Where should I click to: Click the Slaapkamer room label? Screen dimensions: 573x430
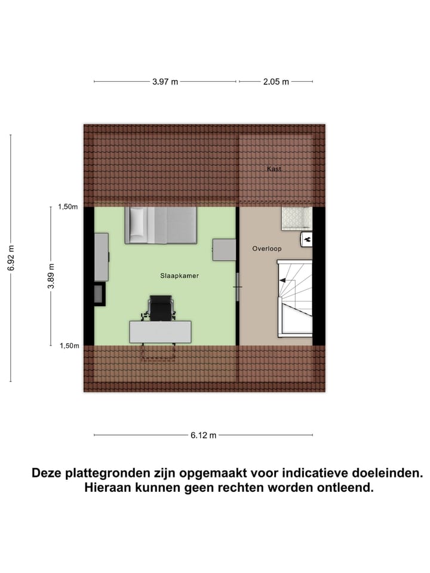[179, 276]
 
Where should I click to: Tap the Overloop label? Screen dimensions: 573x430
[266, 248]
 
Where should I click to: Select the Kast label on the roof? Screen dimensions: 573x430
[274, 169]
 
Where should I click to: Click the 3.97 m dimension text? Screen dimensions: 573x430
[165, 82]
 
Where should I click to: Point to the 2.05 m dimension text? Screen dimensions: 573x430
[277, 82]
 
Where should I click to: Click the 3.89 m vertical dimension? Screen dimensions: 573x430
[51, 276]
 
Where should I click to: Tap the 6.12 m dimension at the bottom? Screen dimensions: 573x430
[204, 435]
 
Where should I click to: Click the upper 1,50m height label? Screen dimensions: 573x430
[67, 207]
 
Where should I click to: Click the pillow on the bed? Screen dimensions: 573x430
[137, 224]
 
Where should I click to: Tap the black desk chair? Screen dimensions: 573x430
[160, 307]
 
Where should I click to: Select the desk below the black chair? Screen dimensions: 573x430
[160, 332]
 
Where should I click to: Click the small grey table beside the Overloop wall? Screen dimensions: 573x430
[225, 249]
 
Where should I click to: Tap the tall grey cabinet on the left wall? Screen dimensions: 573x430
[101, 257]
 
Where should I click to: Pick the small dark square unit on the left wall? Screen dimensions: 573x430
[99, 294]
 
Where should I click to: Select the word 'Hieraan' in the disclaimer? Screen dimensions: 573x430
[107, 488]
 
